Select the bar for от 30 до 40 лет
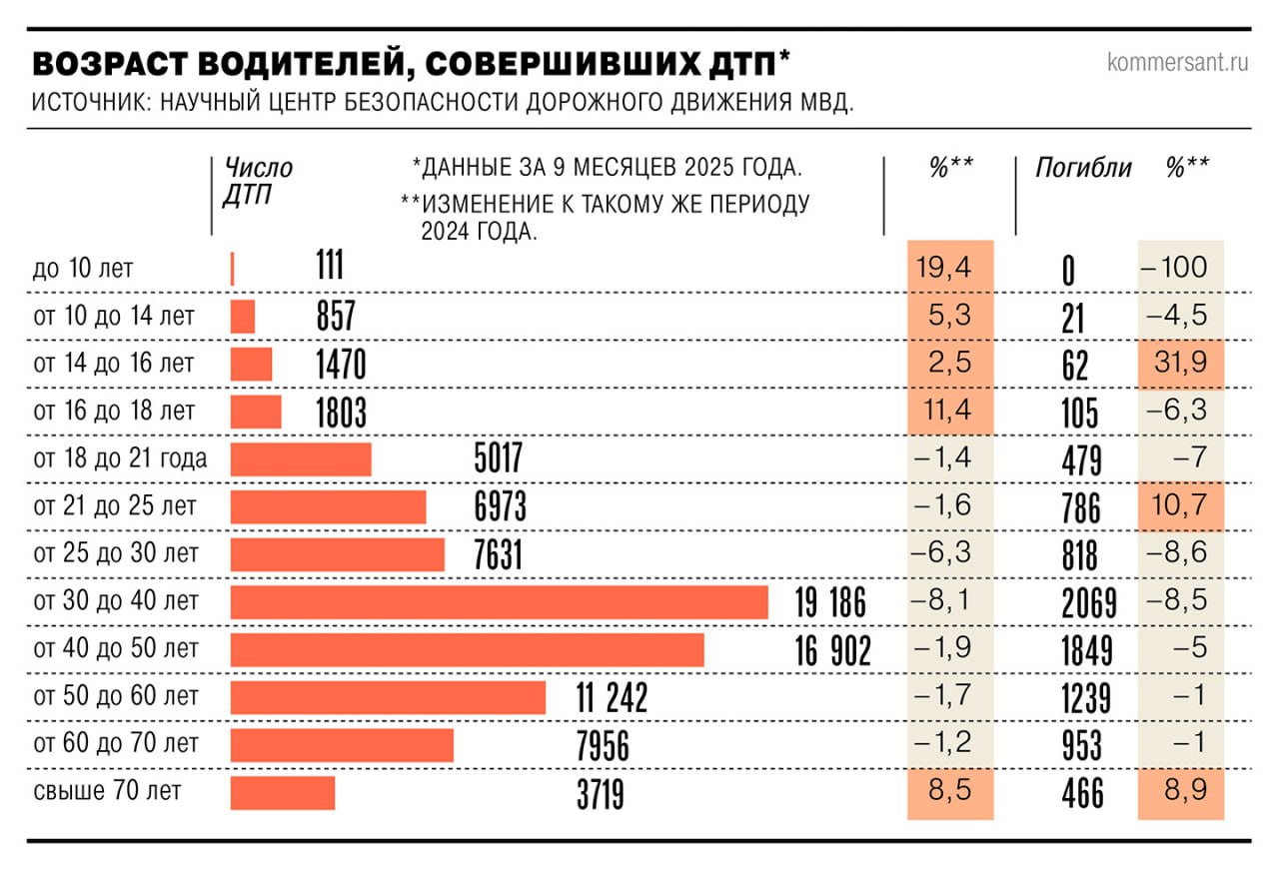tap(499, 602)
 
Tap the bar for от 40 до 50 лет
tap(467, 649)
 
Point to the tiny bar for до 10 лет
tap(232, 269)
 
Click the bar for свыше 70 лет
tap(282, 793)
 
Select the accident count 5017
tap(498, 460)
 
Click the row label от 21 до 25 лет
tap(115, 506)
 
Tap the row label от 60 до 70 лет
tap(115, 744)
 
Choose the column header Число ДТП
tap(257, 181)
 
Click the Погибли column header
tap(1082, 168)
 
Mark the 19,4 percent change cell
tap(949, 268)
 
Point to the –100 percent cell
tap(1179, 268)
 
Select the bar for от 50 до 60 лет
tap(388, 697)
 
